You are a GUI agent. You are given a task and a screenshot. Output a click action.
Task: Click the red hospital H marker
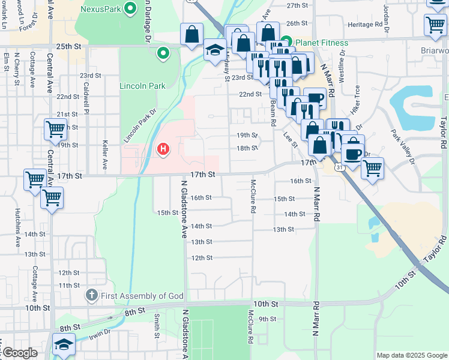click(x=162, y=149)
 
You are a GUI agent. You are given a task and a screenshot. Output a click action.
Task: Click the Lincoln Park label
click(x=142, y=86)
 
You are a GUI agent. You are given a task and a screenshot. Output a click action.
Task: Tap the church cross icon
click(x=91, y=295)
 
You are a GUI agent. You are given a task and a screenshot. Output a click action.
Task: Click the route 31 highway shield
click(x=340, y=167)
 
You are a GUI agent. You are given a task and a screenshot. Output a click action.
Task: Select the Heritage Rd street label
click(x=366, y=25)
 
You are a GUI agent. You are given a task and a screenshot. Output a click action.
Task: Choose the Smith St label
click(x=157, y=324)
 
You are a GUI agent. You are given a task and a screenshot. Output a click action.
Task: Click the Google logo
click(x=19, y=353)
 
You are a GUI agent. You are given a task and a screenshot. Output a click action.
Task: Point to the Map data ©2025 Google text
click(x=412, y=355)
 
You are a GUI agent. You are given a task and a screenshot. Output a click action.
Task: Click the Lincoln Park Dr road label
click(x=139, y=126)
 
